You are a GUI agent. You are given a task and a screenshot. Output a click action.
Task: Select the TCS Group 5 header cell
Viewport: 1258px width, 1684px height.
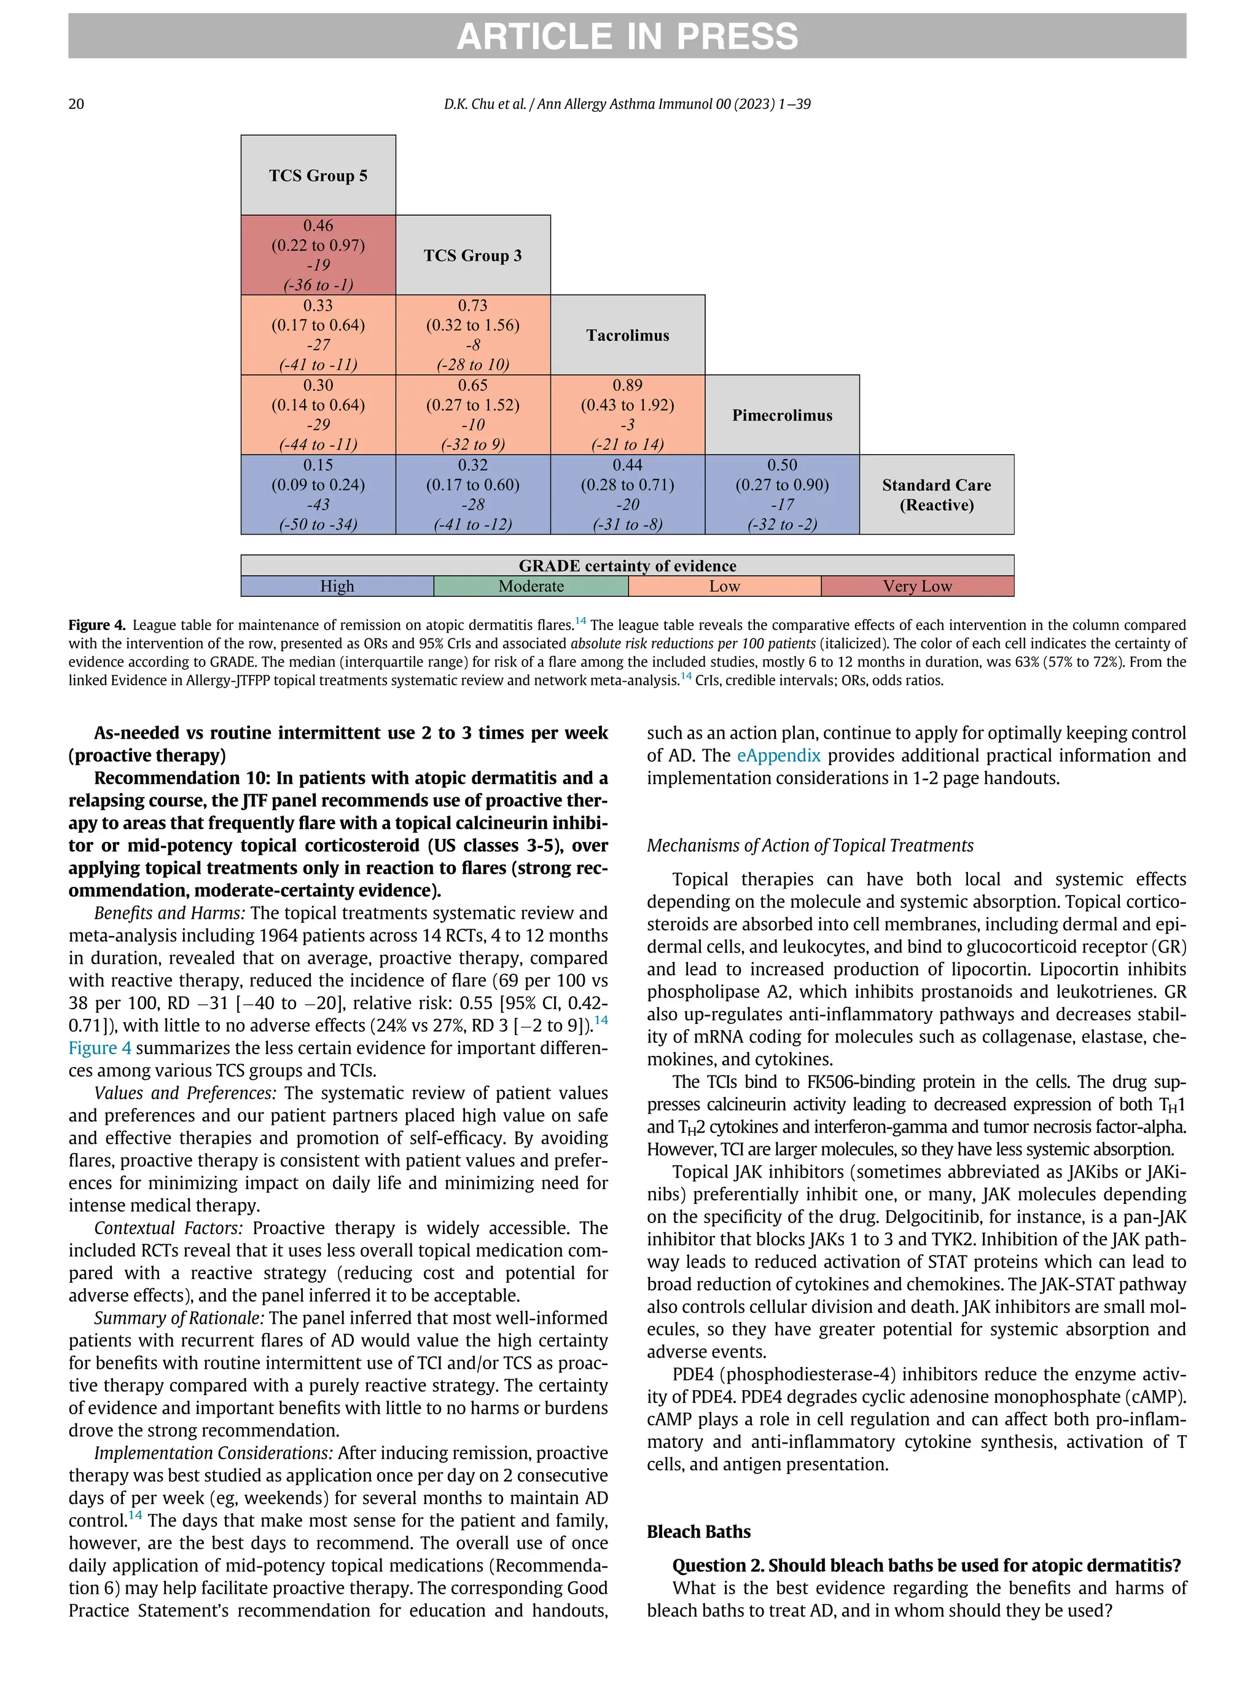coord(318,175)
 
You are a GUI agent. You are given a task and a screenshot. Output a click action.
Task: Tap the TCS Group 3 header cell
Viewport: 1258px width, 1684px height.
coord(472,255)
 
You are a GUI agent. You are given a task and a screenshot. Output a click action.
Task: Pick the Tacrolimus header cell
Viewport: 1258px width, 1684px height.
coord(627,335)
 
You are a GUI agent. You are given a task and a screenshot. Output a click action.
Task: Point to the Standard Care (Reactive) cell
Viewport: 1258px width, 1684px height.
coord(936,495)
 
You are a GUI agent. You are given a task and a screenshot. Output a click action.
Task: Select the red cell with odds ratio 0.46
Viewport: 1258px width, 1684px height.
coord(318,255)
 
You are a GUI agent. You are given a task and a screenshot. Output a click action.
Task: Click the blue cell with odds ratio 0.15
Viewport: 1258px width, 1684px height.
coord(318,495)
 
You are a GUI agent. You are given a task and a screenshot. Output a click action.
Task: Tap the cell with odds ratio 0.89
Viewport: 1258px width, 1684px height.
coord(627,415)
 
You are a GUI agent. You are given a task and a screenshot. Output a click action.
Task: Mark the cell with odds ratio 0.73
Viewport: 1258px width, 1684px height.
coord(472,335)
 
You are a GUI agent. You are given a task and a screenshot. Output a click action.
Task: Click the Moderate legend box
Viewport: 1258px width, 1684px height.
coord(531,586)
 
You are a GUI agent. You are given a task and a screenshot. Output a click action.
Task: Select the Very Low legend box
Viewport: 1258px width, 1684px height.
coord(917,586)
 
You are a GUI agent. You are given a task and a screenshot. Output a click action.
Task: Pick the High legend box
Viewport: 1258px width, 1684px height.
coord(337,586)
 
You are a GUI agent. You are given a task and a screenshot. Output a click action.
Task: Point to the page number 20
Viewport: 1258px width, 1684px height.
coord(76,104)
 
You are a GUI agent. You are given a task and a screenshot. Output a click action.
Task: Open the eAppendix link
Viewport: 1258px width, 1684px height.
coord(778,755)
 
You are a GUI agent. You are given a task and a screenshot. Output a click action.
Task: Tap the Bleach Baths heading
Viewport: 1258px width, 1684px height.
coord(698,1531)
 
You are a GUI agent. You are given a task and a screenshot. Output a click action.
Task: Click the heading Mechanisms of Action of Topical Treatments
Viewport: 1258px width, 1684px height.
coord(810,845)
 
